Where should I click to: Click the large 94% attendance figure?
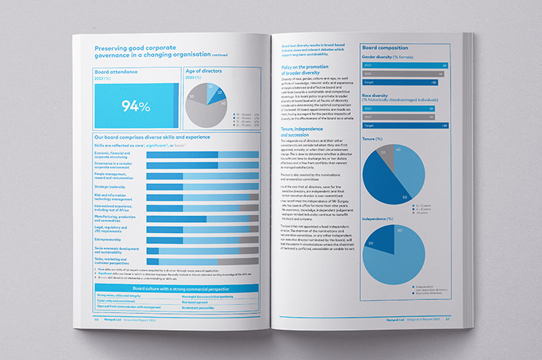point(135,106)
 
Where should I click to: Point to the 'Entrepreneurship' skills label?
point(110,238)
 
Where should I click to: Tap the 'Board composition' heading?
point(385,48)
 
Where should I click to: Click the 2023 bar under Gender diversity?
point(404,65)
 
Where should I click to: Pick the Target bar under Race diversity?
point(404,125)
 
